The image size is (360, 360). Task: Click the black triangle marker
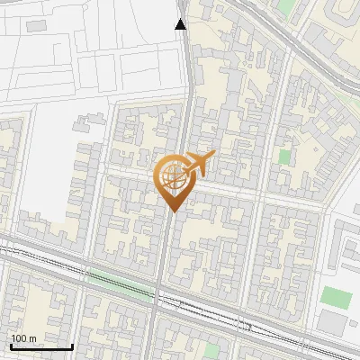point(181,24)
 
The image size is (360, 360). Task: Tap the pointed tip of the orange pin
point(173,211)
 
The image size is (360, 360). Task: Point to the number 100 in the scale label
point(19,337)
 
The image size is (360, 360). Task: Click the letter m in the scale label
point(33,337)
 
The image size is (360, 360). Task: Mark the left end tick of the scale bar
point(10,346)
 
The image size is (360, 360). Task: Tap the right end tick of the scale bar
point(73,346)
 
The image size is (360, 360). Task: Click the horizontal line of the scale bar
point(41,346)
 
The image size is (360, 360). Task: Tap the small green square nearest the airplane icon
point(284,157)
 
